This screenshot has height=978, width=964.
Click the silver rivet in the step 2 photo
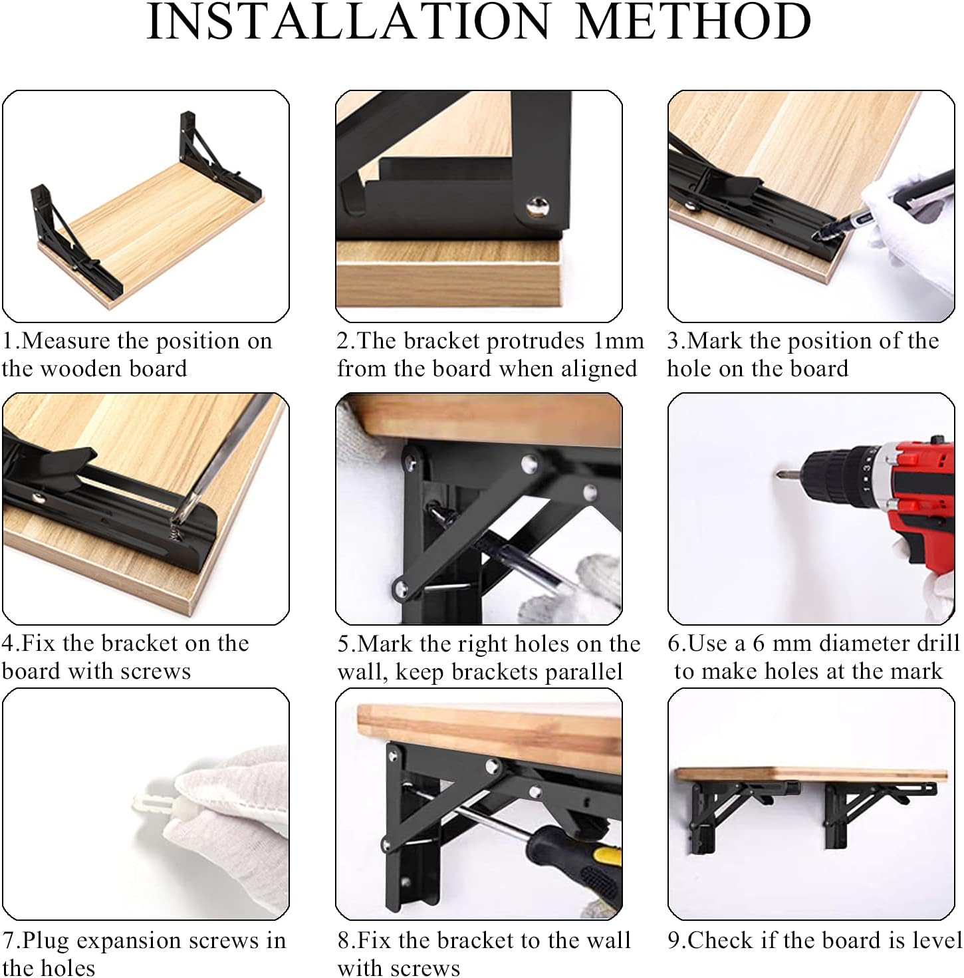(x=538, y=207)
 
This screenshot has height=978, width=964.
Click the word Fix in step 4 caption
(x=40, y=643)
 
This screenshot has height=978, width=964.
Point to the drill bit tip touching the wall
(x=779, y=474)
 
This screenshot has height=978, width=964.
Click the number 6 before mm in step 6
(x=759, y=643)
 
